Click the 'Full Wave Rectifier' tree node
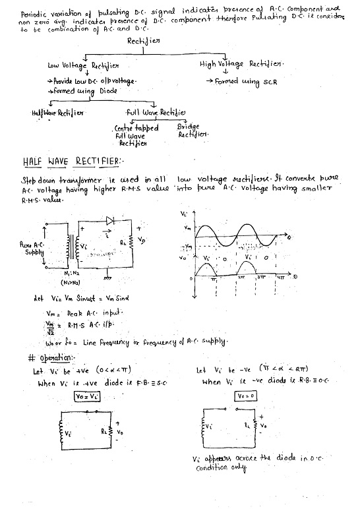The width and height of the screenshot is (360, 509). [154, 113]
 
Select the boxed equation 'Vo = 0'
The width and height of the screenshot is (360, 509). [246, 396]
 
